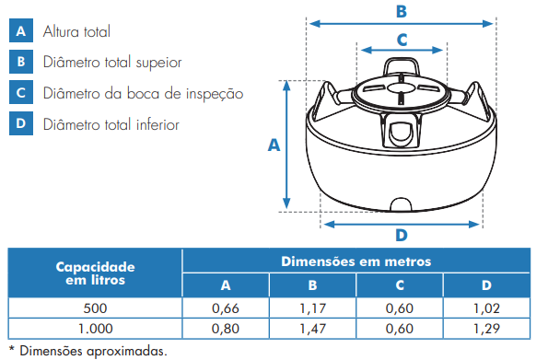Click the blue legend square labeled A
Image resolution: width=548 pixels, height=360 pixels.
tap(21, 30)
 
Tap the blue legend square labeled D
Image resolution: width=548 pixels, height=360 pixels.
tap(21, 123)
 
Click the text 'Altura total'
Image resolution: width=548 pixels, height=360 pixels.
tap(76, 31)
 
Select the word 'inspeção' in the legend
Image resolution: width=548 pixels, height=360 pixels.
tap(215, 94)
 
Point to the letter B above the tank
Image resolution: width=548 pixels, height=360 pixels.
tap(402, 11)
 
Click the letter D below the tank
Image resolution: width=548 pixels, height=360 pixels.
tap(402, 235)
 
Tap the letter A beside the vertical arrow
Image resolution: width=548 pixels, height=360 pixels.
tap(274, 145)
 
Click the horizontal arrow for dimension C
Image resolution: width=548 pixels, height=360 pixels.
tap(402, 50)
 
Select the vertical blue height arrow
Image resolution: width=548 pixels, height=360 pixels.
tap(286, 145)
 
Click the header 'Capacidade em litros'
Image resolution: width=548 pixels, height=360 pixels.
tap(95, 273)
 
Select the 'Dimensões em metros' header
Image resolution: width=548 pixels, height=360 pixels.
tap(356, 261)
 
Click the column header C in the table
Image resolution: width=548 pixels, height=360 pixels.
tap(400, 285)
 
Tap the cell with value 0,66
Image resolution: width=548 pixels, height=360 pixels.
tap(226, 308)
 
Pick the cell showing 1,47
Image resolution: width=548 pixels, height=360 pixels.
tap(312, 329)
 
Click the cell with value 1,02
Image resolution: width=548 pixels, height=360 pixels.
tap(486, 308)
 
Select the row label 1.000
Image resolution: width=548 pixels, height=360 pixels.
tap(95, 329)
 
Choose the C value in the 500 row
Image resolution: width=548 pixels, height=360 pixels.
tap(400, 308)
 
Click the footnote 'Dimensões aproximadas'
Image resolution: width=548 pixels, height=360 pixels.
tap(93, 351)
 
